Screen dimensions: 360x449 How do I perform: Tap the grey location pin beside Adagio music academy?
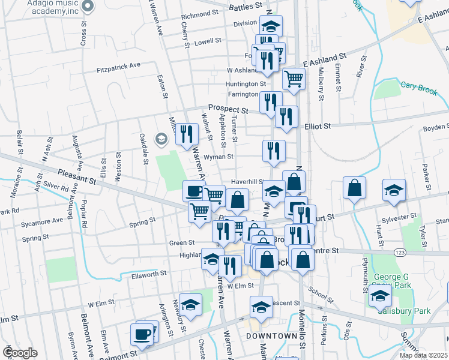(x=88, y=7)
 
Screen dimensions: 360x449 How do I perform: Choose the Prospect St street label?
(x=228, y=109)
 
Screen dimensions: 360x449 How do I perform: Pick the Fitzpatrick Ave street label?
(x=118, y=67)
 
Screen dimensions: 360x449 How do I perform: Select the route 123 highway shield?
(x=400, y=253)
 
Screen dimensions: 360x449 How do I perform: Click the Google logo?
(x=19, y=352)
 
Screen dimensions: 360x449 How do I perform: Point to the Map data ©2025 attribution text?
(x=423, y=355)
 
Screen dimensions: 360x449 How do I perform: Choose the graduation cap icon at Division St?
(x=271, y=26)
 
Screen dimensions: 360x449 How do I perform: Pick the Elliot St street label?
(x=318, y=127)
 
